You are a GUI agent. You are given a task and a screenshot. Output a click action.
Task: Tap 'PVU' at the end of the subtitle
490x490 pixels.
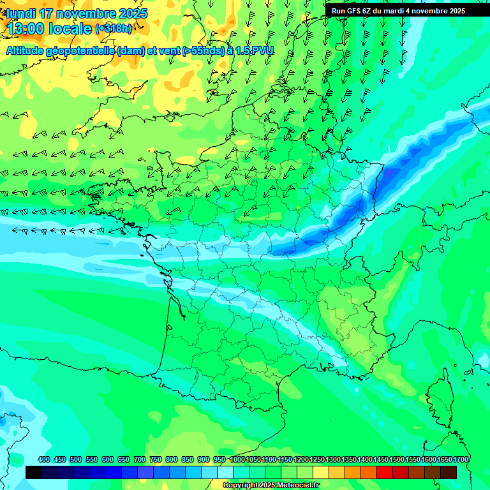262,50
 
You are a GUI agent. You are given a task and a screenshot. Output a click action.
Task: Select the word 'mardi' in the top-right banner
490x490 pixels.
398,11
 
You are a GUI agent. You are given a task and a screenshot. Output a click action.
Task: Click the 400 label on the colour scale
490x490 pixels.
44,459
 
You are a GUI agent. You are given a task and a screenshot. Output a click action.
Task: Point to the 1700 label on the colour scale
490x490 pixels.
461,459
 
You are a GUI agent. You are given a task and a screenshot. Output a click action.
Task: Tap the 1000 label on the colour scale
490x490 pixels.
237,459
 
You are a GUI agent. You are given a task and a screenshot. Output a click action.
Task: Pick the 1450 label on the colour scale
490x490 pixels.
381,459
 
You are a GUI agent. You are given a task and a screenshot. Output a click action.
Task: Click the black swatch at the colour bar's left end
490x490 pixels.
34,472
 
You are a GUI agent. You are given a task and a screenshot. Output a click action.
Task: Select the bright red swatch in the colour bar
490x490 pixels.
385,472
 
